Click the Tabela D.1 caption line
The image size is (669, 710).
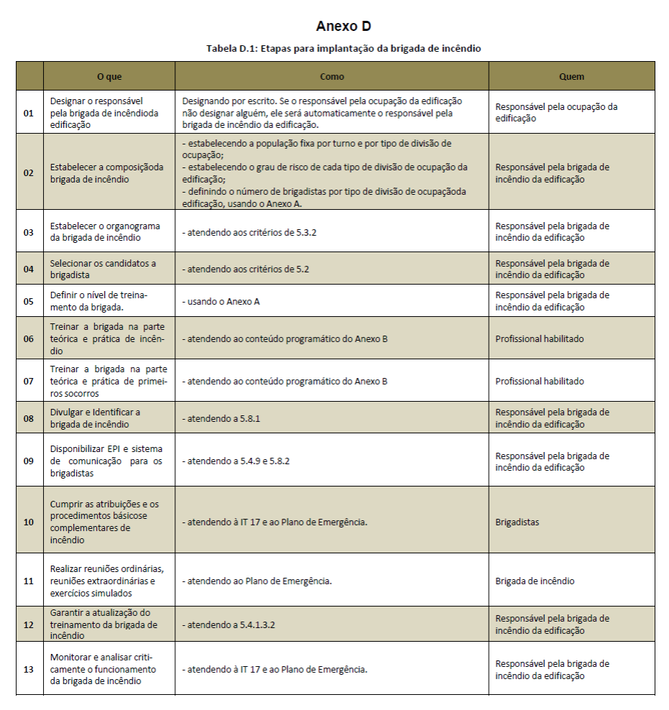(x=343, y=48)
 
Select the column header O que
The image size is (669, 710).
(x=109, y=76)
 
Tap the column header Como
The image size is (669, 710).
(x=331, y=76)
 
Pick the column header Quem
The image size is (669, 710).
(x=571, y=76)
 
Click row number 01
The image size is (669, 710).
(x=29, y=113)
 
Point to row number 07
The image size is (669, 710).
(x=29, y=381)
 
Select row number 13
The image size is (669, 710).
(x=29, y=669)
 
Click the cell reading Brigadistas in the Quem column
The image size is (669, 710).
(x=517, y=522)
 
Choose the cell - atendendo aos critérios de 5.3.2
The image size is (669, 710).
(x=250, y=232)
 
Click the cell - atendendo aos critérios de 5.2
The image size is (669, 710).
(x=245, y=269)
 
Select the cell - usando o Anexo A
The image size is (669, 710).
(x=221, y=301)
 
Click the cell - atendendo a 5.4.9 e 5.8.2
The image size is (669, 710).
(x=236, y=461)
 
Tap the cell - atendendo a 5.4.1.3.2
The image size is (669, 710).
(x=229, y=624)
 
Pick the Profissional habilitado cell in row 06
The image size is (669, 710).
(x=540, y=338)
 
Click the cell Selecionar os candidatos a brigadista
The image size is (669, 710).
(x=103, y=269)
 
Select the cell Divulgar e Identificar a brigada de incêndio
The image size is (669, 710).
(x=96, y=418)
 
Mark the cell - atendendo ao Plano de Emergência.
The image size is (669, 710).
(x=257, y=581)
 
